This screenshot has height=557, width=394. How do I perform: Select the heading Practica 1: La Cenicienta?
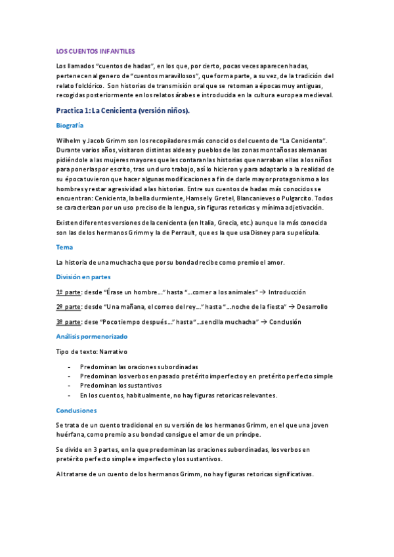coord(123,110)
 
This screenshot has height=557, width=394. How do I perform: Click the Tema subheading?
coord(65,247)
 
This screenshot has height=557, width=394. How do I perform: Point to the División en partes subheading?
coord(83,277)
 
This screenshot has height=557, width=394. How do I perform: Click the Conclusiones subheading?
coord(77,410)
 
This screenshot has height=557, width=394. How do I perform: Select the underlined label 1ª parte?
coord(69,292)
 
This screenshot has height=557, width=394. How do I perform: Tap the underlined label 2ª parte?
coord(69,307)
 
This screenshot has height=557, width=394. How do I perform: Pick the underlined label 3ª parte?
coord(69,322)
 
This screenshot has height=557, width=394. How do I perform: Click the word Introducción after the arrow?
coord(288,292)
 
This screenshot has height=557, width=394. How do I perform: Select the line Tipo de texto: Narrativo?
coord(91,351)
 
